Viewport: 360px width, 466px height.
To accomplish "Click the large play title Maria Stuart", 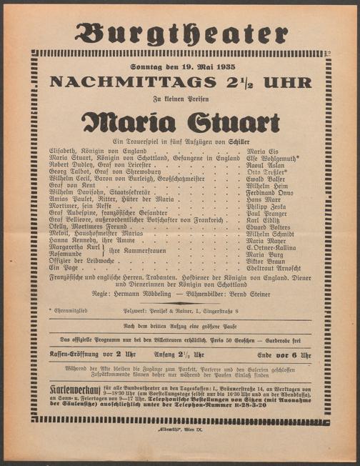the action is tap(180, 122).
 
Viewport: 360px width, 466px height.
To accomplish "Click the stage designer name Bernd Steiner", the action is tap(250, 293).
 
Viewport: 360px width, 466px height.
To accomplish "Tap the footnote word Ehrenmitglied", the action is tap(75, 310).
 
